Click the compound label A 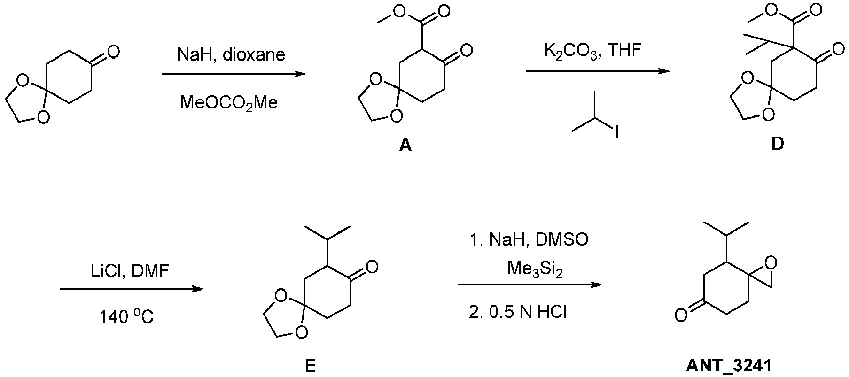(x=405, y=146)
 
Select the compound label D (x=778, y=144)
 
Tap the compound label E (x=310, y=366)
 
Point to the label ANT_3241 (x=727, y=366)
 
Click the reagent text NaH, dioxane (x=231, y=55)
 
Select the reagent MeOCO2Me (x=229, y=103)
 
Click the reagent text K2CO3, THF (x=592, y=50)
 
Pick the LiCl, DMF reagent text (x=130, y=270)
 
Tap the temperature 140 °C (x=126, y=318)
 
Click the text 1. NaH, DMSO (x=529, y=240)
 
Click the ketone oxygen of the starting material (x=113, y=51)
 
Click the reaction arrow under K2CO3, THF (x=597, y=71)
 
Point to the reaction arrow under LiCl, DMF (x=131, y=289)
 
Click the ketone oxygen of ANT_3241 (x=679, y=314)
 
